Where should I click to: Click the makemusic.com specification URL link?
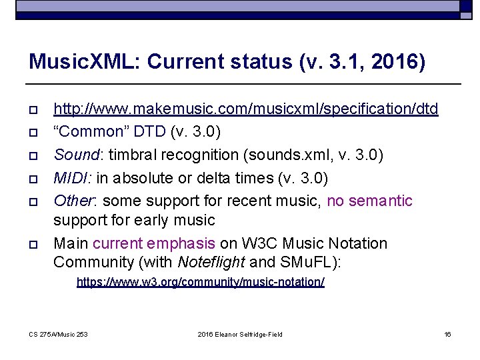(x=245, y=109)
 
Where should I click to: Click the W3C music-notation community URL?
(x=201, y=282)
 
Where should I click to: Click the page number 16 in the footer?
(x=447, y=334)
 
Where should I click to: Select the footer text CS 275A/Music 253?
(x=59, y=334)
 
